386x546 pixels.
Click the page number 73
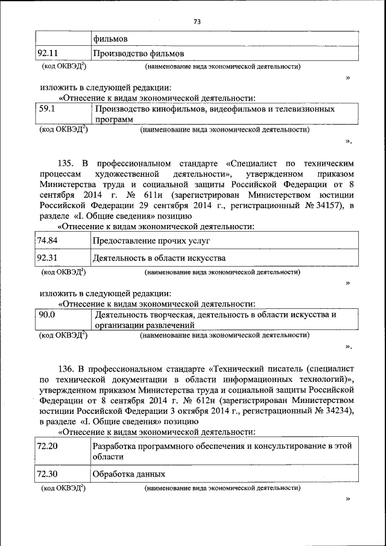pyautogui.click(x=197, y=22)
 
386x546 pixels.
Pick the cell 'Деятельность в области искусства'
pyautogui.click(x=159, y=258)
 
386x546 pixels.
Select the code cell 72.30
pyautogui.click(x=47, y=474)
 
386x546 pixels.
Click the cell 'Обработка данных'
pyautogui.click(x=128, y=474)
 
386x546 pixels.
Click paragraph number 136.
pyautogui.click(x=65, y=367)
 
